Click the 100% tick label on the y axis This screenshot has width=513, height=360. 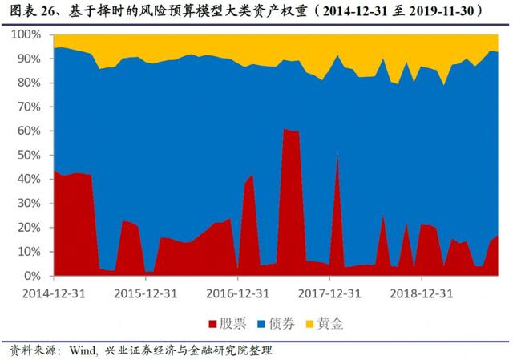point(30,35)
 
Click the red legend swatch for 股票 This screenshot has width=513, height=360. point(213,324)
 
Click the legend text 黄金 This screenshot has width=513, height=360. point(329,324)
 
